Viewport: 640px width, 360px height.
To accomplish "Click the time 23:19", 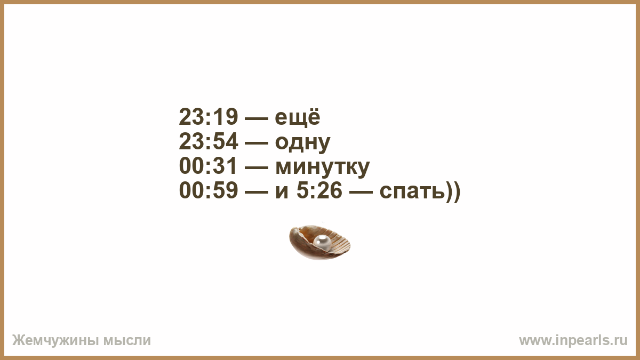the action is tap(209, 117).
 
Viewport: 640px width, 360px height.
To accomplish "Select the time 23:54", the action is tap(209, 141).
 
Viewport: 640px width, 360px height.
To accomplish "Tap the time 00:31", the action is tap(208, 166).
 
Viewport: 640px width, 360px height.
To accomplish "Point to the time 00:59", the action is tap(209, 190).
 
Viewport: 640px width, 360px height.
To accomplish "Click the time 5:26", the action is tap(319, 190).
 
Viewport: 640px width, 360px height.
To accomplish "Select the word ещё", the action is tap(298, 117).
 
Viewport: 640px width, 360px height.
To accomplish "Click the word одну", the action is tap(302, 142).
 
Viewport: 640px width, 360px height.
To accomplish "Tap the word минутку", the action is tap(323, 167).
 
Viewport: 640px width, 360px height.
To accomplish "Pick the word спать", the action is tap(412, 191).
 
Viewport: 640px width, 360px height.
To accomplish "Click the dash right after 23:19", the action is tap(257, 118).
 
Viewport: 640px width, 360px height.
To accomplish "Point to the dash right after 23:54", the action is tap(257, 143).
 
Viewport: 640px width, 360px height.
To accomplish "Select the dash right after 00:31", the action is tap(257, 167).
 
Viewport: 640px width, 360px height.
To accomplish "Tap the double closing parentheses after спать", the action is tap(453, 191).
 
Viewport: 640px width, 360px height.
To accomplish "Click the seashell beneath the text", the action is tap(319, 242).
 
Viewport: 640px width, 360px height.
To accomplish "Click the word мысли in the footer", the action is tap(127, 341).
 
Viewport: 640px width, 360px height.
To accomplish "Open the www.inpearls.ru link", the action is tap(573, 341).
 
